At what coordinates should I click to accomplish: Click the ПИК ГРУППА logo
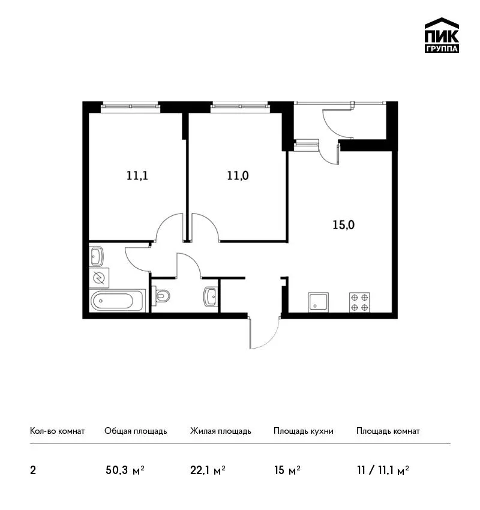click(442, 35)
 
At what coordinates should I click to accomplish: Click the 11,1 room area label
click(137, 176)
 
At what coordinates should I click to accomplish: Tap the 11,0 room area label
click(238, 176)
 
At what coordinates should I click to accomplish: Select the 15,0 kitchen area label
click(343, 225)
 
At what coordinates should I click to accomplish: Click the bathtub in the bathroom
click(117, 301)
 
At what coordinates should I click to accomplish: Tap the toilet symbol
click(161, 296)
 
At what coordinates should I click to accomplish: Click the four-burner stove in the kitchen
click(359, 302)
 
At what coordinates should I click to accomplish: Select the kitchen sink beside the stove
click(318, 302)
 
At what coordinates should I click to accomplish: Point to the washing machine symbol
click(99, 278)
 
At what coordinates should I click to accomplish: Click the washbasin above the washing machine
click(96, 257)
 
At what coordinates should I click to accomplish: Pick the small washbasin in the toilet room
click(210, 296)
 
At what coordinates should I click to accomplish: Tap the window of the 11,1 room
click(130, 107)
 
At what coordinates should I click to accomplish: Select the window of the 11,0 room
click(240, 107)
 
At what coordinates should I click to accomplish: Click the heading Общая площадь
click(136, 431)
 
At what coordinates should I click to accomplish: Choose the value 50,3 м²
click(125, 470)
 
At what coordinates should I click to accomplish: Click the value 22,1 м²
click(208, 470)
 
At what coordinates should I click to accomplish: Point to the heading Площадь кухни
click(304, 431)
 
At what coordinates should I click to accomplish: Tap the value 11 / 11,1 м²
click(383, 470)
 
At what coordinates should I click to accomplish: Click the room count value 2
click(33, 470)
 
